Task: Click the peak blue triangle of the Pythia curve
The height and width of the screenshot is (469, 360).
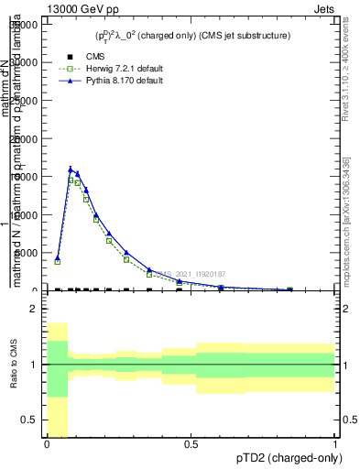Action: (x=71, y=169)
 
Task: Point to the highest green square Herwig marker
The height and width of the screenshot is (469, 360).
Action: (x=71, y=180)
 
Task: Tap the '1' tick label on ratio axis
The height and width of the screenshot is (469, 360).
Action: (x=35, y=365)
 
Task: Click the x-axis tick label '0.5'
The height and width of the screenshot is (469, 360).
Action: (x=191, y=443)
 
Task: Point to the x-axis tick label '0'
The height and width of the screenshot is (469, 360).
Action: (x=47, y=443)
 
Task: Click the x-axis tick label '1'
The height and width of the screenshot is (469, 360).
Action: (x=335, y=443)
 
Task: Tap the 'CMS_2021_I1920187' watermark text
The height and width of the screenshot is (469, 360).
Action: (x=191, y=273)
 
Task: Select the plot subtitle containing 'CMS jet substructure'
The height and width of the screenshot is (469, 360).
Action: (x=191, y=36)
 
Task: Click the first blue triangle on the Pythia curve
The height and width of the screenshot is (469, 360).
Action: (x=57, y=257)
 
